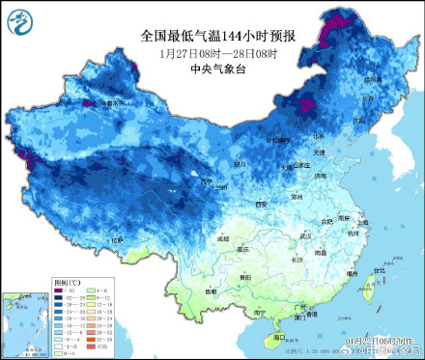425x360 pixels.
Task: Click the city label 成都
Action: click(x=225, y=235)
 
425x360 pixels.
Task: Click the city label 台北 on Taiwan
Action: click(x=379, y=270)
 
